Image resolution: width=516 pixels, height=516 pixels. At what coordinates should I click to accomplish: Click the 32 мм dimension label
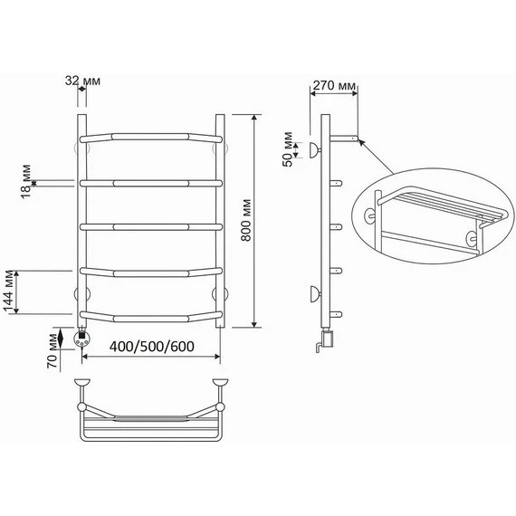[82, 81]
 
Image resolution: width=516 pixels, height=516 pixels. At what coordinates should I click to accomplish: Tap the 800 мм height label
[246, 220]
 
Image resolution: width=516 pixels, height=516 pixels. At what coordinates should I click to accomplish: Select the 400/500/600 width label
[152, 347]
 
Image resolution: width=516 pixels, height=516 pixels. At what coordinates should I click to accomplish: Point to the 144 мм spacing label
[9, 291]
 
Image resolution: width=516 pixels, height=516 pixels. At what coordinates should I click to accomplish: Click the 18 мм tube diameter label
[25, 181]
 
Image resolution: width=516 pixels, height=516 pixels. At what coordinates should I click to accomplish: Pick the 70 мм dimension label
[53, 351]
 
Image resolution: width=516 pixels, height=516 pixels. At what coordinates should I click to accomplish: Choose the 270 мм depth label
[334, 86]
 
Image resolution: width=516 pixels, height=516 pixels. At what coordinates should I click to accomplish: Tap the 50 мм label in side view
[288, 149]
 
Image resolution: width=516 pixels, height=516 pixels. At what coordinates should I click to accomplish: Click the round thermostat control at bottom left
[81, 338]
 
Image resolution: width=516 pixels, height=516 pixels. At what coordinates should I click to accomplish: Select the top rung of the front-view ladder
[151, 138]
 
